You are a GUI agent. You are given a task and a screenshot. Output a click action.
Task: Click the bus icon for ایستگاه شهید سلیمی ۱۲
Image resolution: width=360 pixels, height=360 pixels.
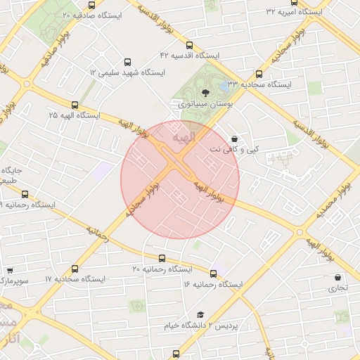click(x=127, y=62)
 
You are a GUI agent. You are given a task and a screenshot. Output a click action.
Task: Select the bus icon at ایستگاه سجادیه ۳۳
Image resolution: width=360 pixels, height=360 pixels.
click(x=259, y=73)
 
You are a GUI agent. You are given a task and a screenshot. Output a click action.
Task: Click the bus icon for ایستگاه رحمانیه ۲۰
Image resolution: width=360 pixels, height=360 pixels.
click(x=162, y=259)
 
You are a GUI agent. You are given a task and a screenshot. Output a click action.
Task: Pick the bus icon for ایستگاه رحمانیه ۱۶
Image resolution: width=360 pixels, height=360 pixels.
click(x=213, y=273)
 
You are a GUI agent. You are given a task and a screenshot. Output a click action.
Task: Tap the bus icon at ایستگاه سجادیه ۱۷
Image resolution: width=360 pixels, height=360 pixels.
click(x=75, y=268)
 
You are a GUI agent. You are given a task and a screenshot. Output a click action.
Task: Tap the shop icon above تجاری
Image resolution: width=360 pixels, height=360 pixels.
click(x=338, y=278)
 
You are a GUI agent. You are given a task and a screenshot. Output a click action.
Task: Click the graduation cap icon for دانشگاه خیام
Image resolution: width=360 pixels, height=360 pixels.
click(x=200, y=314)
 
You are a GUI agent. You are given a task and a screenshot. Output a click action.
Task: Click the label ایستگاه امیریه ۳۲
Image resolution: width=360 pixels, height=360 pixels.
click(x=295, y=12)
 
